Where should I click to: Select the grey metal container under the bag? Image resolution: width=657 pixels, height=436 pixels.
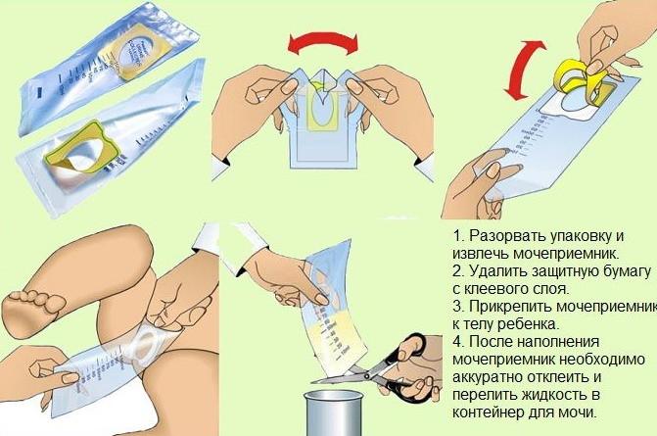point(333,412)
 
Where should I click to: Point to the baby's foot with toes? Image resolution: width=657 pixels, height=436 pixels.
point(33,313)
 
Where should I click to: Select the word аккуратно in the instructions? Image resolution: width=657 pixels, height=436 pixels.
point(486,377)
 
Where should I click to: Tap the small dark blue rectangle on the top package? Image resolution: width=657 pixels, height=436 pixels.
point(41,90)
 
